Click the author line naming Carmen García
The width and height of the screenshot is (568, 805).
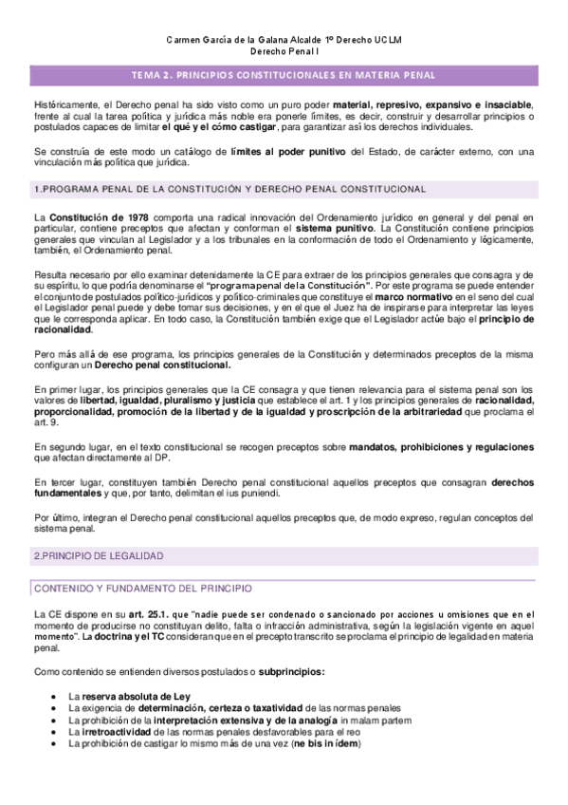point(284,41)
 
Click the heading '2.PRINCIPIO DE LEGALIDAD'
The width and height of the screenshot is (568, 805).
point(99,554)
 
